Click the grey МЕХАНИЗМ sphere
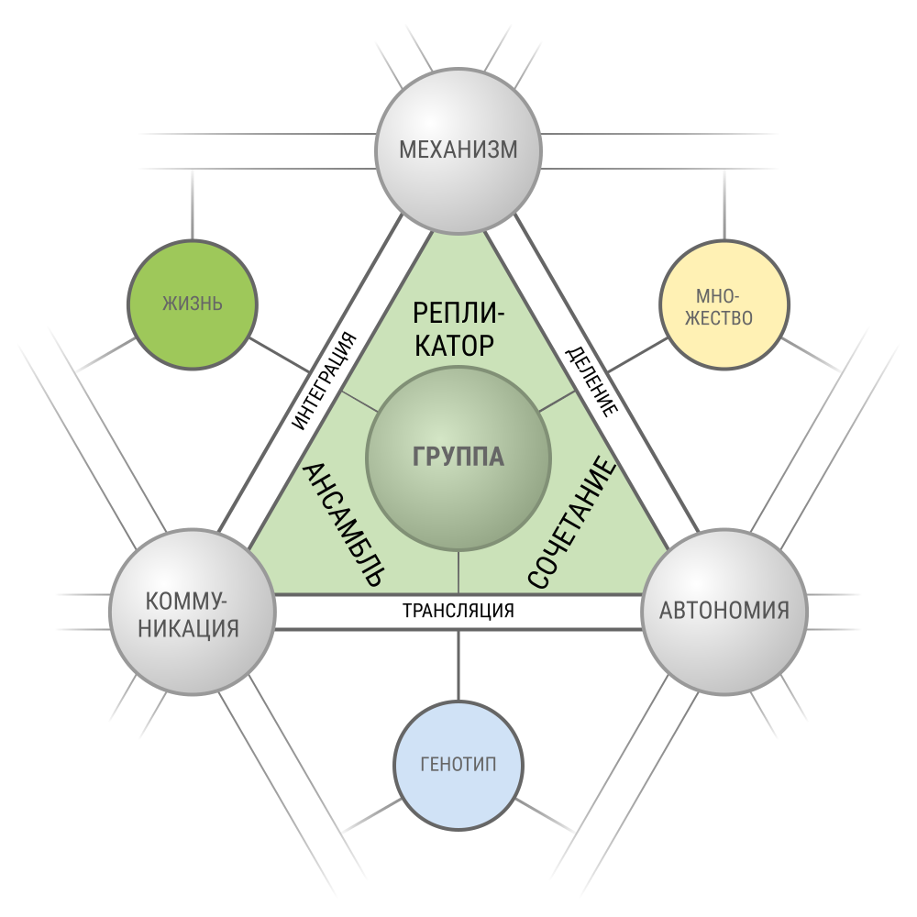click(x=458, y=151)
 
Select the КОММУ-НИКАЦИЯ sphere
click(x=193, y=613)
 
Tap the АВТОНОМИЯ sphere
click(x=724, y=613)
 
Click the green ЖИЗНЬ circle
click(x=193, y=304)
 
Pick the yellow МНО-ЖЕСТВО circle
click(x=724, y=304)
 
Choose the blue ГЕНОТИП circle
click(x=458, y=766)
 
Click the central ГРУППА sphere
click(x=458, y=458)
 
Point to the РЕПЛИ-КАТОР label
click(x=458, y=329)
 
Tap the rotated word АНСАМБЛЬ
click(x=343, y=525)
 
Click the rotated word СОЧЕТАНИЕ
click(x=572, y=523)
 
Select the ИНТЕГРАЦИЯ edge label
click(x=325, y=381)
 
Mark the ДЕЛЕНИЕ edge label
click(x=591, y=381)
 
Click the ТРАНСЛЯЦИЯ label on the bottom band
click(x=458, y=611)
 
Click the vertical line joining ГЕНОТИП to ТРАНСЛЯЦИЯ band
click(x=458, y=666)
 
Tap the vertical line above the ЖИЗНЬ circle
click(x=193, y=204)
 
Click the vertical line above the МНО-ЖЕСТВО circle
click(x=724, y=204)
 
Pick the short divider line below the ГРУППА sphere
click(x=458, y=572)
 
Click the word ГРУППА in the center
click(x=458, y=457)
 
